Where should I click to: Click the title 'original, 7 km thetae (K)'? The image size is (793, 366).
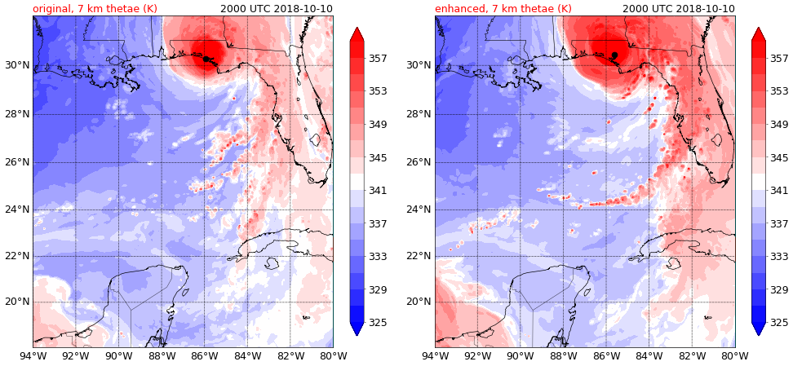coord(95,9)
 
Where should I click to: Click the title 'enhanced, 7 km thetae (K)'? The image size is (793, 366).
coord(503,9)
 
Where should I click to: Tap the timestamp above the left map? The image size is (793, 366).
coord(277,9)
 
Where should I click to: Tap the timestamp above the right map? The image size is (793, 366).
coord(679,9)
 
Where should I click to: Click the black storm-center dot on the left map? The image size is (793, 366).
coord(206,59)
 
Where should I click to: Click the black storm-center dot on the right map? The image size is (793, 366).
coord(614,55)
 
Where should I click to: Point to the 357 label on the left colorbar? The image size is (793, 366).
coord(378,59)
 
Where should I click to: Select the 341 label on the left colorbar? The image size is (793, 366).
coord(378,191)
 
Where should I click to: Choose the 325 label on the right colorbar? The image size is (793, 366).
coord(779,323)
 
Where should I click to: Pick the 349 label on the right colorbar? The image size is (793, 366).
coord(779,125)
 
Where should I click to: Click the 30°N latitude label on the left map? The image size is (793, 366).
coord(16,65)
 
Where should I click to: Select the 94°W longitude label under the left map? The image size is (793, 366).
coord(33,355)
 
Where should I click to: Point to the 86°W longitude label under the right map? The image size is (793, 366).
coord(606,355)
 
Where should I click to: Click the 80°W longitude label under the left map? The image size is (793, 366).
coord(333,355)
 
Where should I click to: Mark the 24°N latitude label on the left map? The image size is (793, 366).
coord(16,209)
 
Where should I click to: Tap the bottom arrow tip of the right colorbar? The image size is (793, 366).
coord(759,333)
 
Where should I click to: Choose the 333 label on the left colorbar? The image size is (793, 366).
coord(378,257)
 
